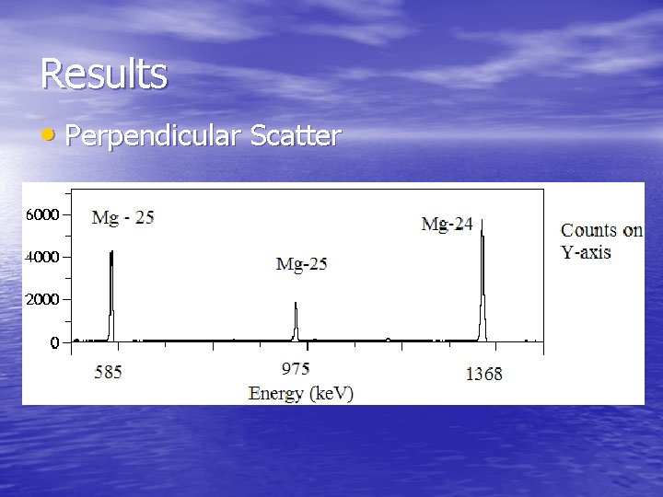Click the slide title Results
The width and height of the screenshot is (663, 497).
(x=104, y=74)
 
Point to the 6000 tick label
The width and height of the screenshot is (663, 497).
(x=42, y=214)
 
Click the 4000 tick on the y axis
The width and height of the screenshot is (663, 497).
(x=42, y=257)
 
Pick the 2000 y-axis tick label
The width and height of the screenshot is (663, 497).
(x=42, y=300)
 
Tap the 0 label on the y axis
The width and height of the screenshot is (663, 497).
(x=54, y=343)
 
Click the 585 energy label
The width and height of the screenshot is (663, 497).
(x=108, y=373)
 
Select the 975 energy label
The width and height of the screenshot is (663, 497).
(x=295, y=369)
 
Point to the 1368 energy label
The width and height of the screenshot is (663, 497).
(x=483, y=374)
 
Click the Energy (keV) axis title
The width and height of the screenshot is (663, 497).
(x=301, y=393)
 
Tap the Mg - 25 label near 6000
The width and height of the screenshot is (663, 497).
(x=123, y=218)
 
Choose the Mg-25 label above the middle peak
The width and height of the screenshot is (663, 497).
(x=302, y=265)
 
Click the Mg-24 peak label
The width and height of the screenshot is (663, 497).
(x=447, y=224)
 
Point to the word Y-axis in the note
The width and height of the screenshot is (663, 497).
(x=587, y=251)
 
